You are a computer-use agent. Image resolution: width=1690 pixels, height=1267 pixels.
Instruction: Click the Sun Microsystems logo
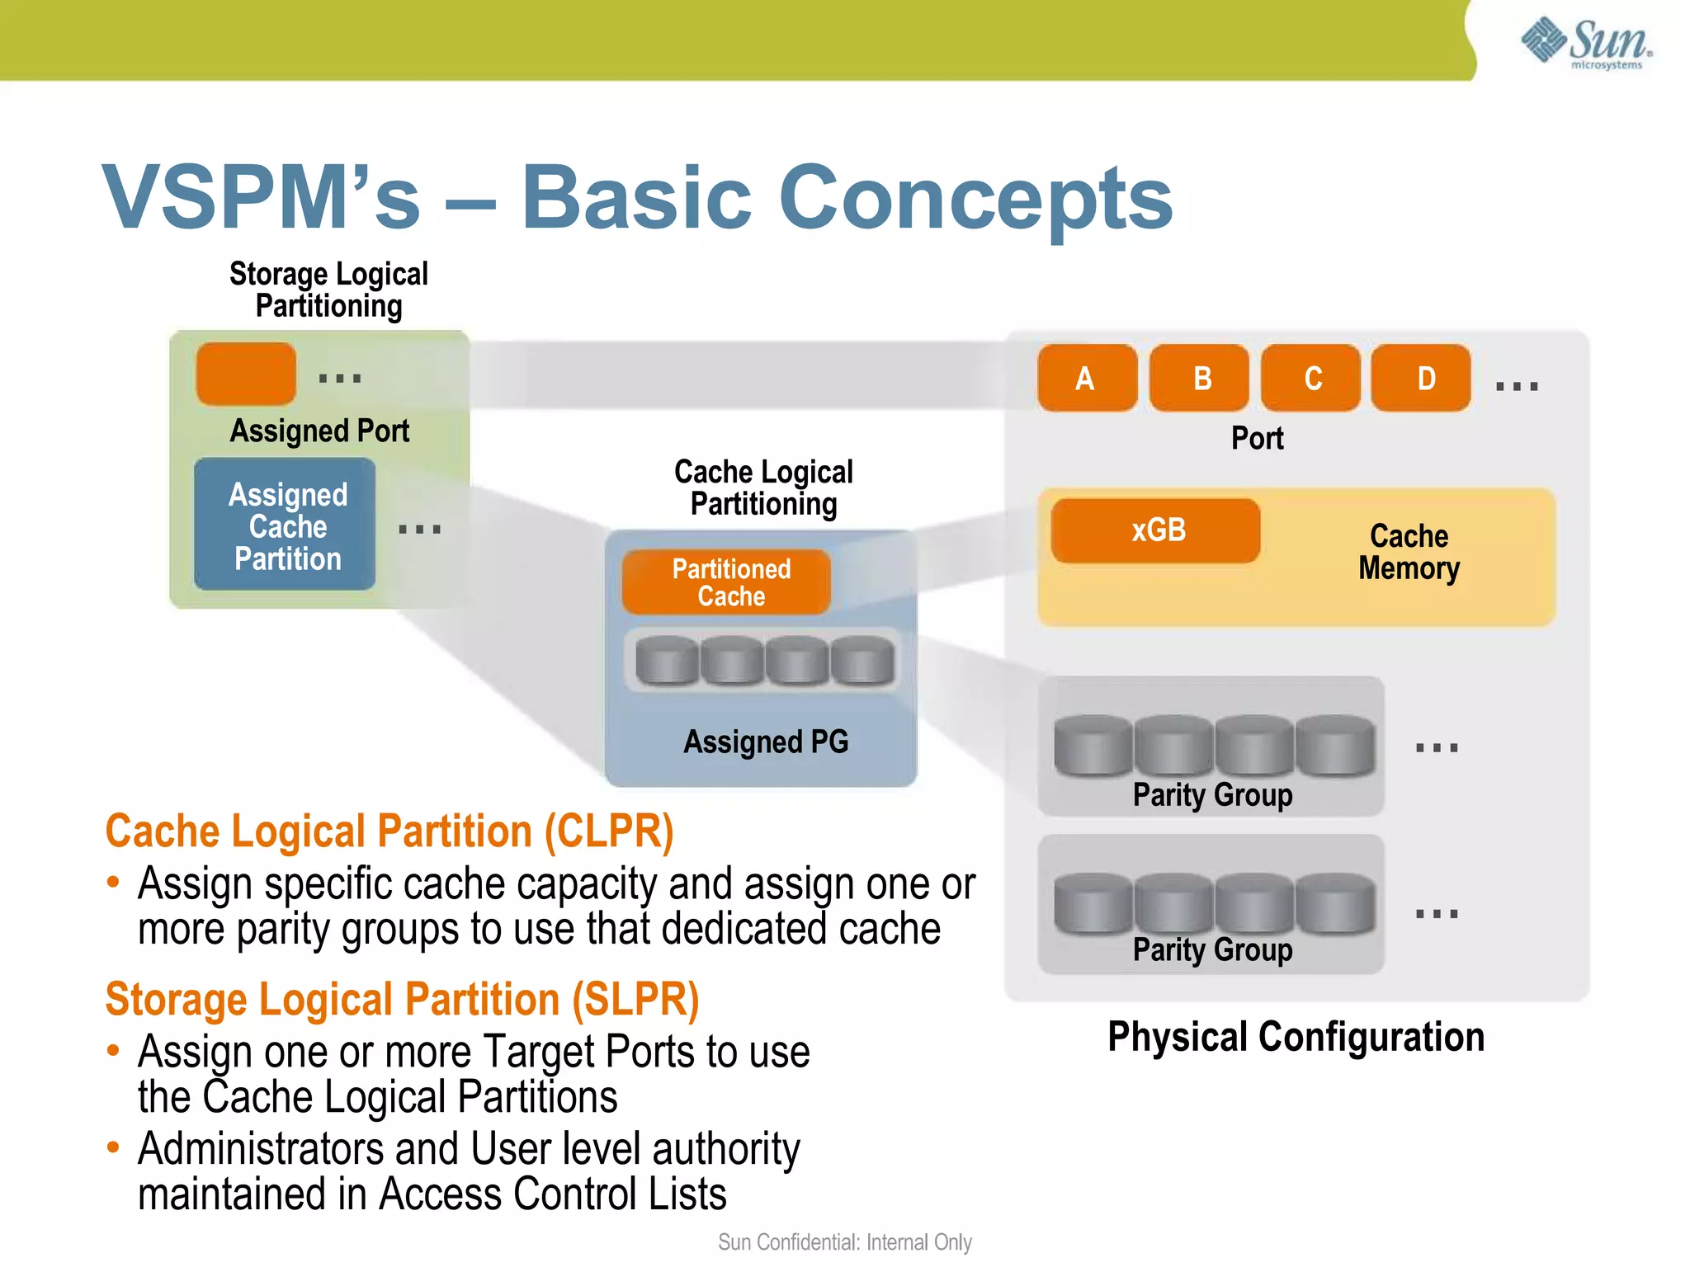[x=1585, y=42]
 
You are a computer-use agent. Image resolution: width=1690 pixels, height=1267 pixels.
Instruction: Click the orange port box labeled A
[x=1087, y=379]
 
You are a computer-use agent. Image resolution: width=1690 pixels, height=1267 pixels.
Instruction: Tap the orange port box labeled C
[x=1311, y=379]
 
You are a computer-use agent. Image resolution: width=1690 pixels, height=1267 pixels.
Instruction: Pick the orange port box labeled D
[x=1421, y=379]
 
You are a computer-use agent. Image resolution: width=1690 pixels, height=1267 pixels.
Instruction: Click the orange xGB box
[x=1155, y=530]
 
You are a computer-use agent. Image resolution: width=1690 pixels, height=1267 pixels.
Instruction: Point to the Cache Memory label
[x=1409, y=552]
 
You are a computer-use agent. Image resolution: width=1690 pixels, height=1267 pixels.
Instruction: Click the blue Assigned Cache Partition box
[x=285, y=525]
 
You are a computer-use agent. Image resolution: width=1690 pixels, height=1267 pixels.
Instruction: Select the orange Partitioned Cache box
[x=726, y=582]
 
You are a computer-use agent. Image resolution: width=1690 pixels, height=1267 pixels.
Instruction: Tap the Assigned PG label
[x=766, y=742]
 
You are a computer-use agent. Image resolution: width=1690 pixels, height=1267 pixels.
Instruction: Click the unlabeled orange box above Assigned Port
[x=246, y=374]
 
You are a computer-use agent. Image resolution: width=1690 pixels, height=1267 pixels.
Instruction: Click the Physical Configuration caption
[x=1296, y=1037]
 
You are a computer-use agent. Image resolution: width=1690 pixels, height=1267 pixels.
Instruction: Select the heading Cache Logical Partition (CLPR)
[x=389, y=831]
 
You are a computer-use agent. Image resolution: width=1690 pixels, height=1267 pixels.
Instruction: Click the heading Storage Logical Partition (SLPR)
[x=403, y=1000]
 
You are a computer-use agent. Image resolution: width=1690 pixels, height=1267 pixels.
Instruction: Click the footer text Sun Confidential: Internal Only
[x=844, y=1242]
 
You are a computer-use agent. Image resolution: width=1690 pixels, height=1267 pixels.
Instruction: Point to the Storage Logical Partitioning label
[x=328, y=290]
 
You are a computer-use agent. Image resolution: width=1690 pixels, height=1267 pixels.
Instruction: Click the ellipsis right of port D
[x=1517, y=386]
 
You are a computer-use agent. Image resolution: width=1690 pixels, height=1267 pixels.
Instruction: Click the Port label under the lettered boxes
[x=1257, y=438]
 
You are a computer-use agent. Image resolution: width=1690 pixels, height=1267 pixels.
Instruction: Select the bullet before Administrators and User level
[x=114, y=1147]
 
